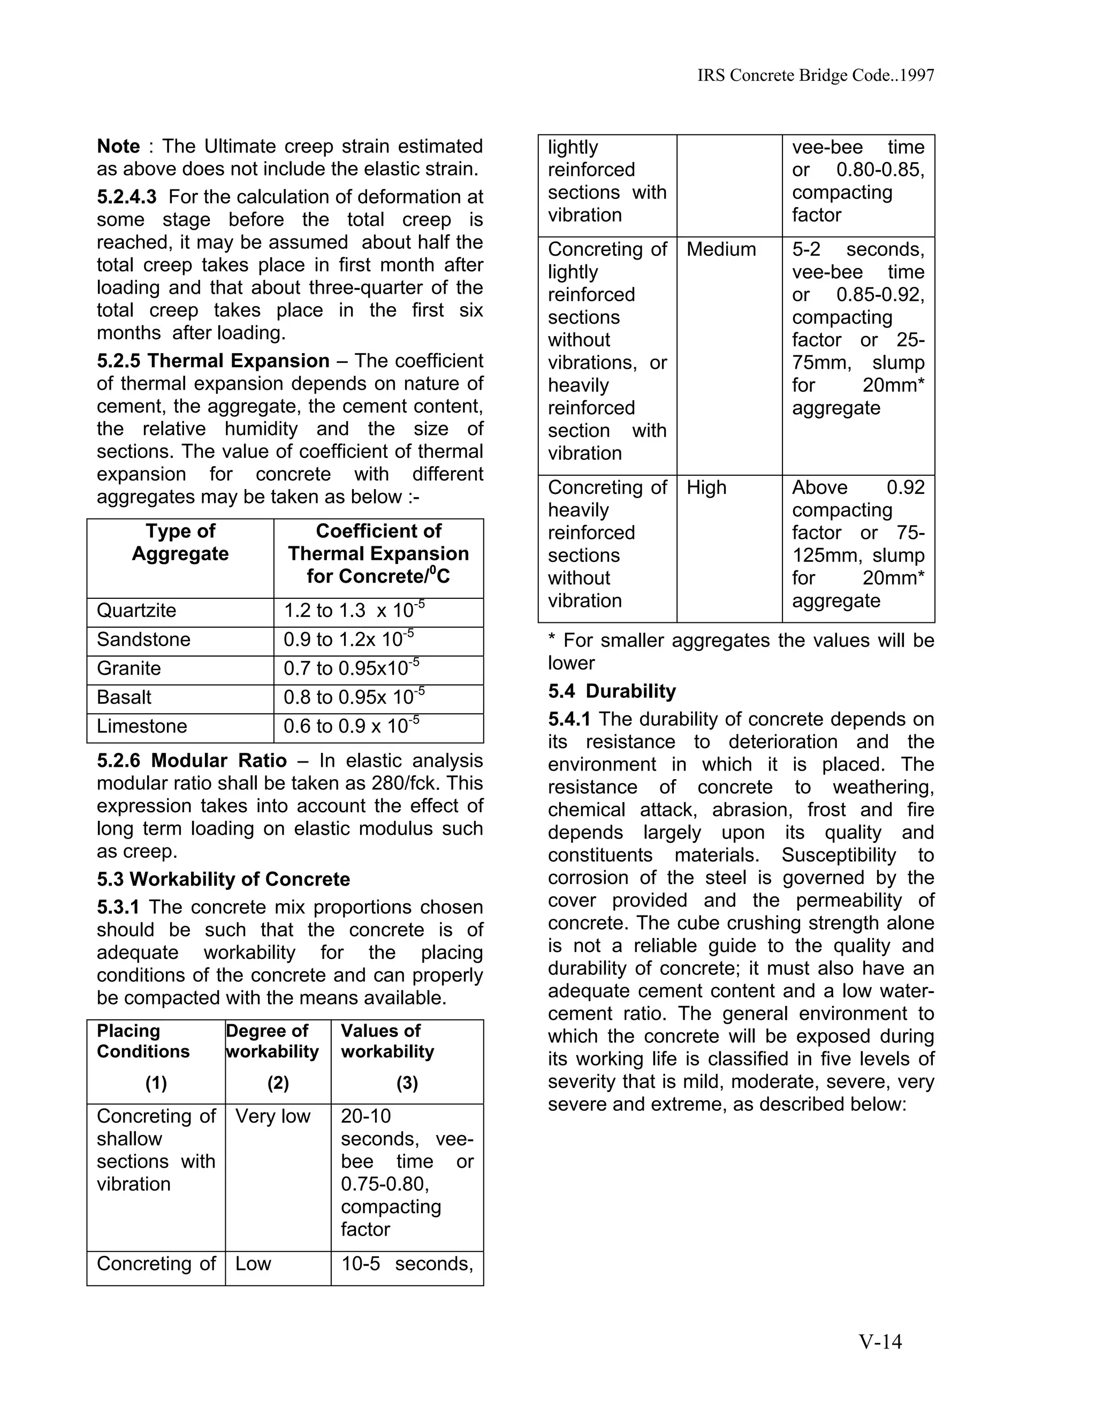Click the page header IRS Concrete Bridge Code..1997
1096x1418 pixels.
(816, 76)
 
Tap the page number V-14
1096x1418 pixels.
(880, 1342)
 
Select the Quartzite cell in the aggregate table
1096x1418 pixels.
(136, 611)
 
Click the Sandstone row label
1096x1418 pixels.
(143, 639)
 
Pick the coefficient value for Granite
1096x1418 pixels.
(351, 668)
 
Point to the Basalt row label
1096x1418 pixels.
(124, 697)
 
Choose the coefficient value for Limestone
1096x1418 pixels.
(351, 726)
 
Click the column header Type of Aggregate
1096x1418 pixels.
(180, 542)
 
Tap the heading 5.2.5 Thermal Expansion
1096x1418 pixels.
(213, 361)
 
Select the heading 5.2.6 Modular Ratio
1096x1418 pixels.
(192, 760)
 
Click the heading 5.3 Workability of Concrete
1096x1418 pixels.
(223, 879)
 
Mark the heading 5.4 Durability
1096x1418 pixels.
(612, 691)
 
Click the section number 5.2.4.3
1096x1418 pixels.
(127, 197)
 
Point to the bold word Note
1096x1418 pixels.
(118, 146)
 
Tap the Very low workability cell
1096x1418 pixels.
(273, 1116)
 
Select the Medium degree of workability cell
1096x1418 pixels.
(721, 249)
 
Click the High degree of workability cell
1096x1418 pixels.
(706, 487)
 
